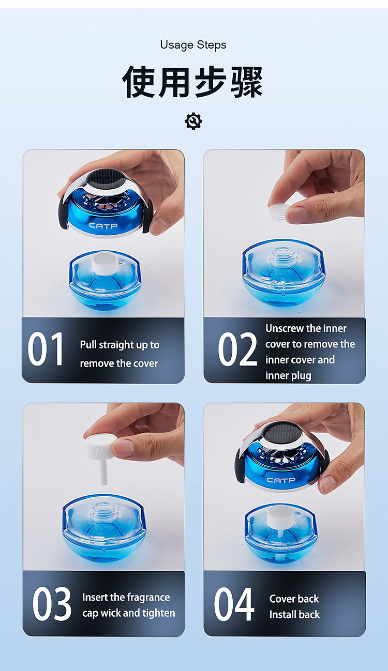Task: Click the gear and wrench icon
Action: pos(193,121)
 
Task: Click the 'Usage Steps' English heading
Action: pos(193,45)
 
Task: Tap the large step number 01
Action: pos(46,349)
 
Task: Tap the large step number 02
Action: pos(237,349)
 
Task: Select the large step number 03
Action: pos(52,604)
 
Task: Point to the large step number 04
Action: pos(234,604)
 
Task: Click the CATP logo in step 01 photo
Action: pos(103,225)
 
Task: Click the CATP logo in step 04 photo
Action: pos(281,480)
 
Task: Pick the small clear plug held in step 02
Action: pos(279,212)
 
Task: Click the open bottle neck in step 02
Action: pos(283,255)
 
